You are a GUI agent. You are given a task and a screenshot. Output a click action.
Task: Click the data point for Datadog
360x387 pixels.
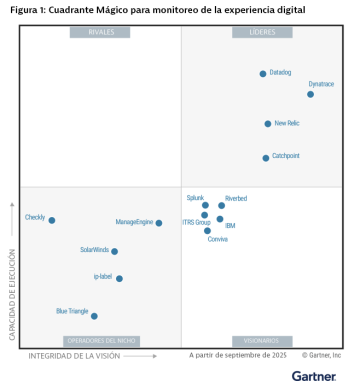pos(263,73)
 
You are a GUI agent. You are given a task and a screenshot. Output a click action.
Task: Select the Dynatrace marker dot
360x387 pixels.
pos(310,94)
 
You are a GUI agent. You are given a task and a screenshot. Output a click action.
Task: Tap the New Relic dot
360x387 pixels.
pos(268,124)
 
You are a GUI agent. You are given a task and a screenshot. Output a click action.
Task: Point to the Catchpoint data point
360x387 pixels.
pos(266,157)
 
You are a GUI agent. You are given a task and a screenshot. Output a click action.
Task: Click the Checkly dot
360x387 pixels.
pos(52,220)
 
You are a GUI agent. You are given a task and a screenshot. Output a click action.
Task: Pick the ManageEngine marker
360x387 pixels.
pos(159,223)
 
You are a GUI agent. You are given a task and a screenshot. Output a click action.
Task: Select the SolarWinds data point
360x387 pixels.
pos(115,252)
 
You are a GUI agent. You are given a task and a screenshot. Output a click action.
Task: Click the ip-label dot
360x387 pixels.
pos(119,279)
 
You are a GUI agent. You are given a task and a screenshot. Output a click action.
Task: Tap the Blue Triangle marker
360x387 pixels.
pos(95,316)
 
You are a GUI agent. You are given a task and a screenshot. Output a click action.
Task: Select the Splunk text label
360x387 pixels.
pos(195,198)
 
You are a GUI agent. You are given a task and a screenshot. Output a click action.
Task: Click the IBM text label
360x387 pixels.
pos(231,226)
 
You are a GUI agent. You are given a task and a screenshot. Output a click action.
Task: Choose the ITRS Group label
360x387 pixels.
pos(196,222)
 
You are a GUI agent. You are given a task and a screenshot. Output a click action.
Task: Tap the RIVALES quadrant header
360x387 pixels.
pos(100,33)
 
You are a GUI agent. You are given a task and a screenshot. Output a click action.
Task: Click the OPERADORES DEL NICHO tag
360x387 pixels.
pos(100,341)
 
